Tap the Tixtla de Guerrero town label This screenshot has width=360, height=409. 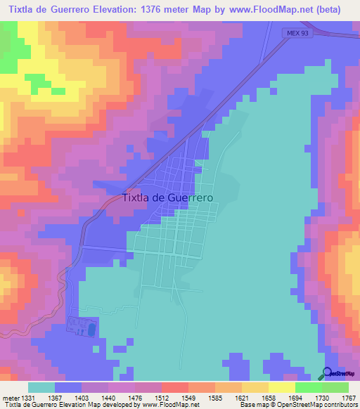coord(168,198)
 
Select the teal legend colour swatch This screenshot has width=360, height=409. coord(41,387)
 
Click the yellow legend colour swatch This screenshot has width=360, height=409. coord(255,387)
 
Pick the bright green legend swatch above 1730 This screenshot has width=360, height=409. coord(309,387)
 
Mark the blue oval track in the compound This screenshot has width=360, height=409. coord(90,329)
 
